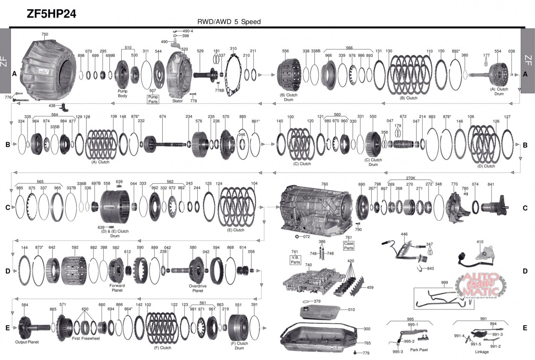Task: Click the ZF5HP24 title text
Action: [51, 14]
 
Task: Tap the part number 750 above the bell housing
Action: [45, 34]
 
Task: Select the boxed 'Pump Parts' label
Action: [153, 99]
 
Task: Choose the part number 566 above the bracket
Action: [349, 48]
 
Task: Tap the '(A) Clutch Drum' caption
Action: [499, 91]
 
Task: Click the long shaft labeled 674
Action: [165, 144]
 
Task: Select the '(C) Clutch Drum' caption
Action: [373, 162]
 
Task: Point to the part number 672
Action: [403, 116]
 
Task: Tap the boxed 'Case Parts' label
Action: [349, 246]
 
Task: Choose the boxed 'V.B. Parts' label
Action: [295, 260]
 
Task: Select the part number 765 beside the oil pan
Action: [367, 343]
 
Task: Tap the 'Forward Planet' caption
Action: [117, 288]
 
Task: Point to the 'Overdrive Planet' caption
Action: [198, 289]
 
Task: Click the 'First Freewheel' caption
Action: [86, 338]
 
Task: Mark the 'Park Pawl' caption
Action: [419, 350]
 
